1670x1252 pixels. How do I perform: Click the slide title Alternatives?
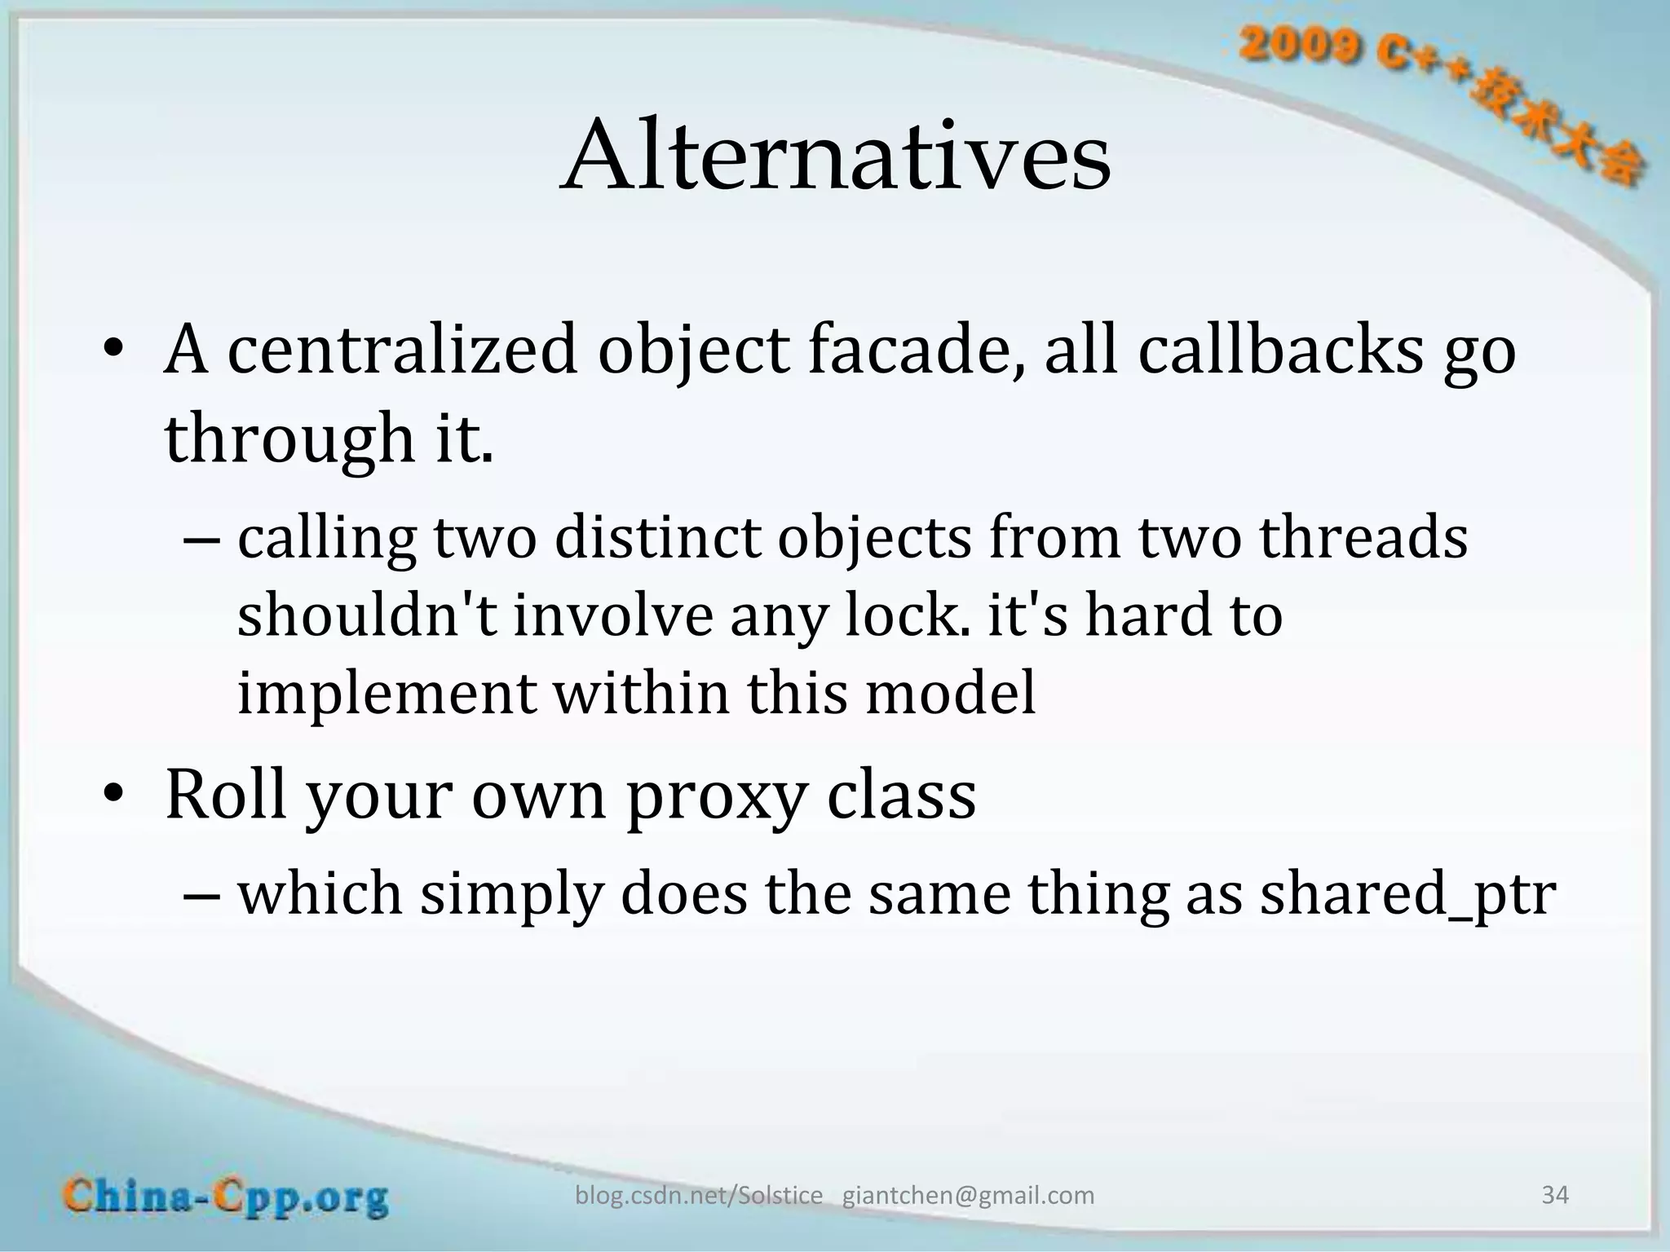[835, 155]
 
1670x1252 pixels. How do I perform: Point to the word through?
[290, 439]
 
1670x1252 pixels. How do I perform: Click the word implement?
[387, 693]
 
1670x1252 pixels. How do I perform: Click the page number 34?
[1554, 1195]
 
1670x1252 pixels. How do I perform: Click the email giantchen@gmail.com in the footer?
[968, 1196]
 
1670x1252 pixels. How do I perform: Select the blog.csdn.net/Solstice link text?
[699, 1196]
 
